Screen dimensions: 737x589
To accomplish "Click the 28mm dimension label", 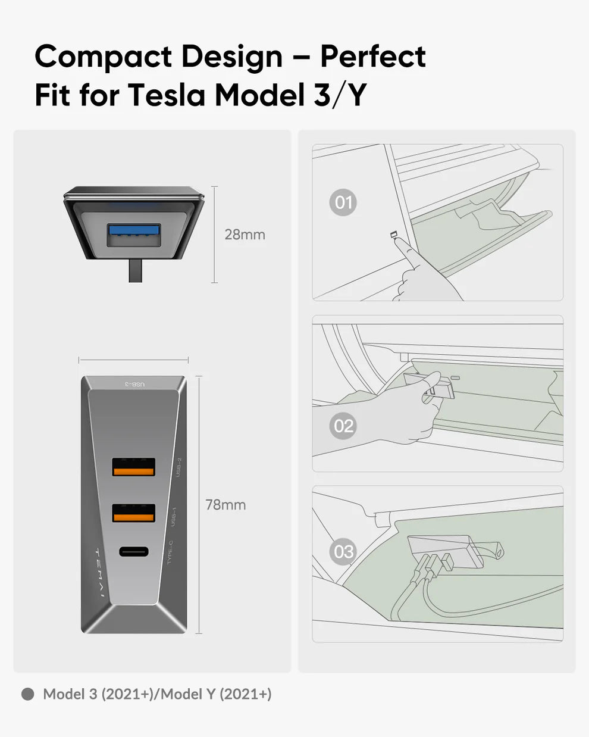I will click(245, 235).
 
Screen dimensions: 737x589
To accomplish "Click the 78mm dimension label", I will click(225, 505).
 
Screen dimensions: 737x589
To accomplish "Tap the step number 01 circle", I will click(343, 203).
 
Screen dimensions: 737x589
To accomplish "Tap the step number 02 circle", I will click(343, 426).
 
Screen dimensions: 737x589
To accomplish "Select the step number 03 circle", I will click(343, 552).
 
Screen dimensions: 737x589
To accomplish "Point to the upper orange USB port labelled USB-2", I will click(134, 467).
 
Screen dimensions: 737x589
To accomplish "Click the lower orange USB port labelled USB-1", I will click(134, 513).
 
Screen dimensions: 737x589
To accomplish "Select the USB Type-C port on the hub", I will click(134, 551).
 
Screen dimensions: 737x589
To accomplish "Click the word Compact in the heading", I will click(103, 57).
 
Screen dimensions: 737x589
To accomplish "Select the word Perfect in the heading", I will click(373, 57).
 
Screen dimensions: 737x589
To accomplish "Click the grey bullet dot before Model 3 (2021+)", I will click(27, 694).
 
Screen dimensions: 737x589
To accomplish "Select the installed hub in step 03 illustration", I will click(440, 551).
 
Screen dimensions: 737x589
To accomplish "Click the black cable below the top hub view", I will click(135, 271).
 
